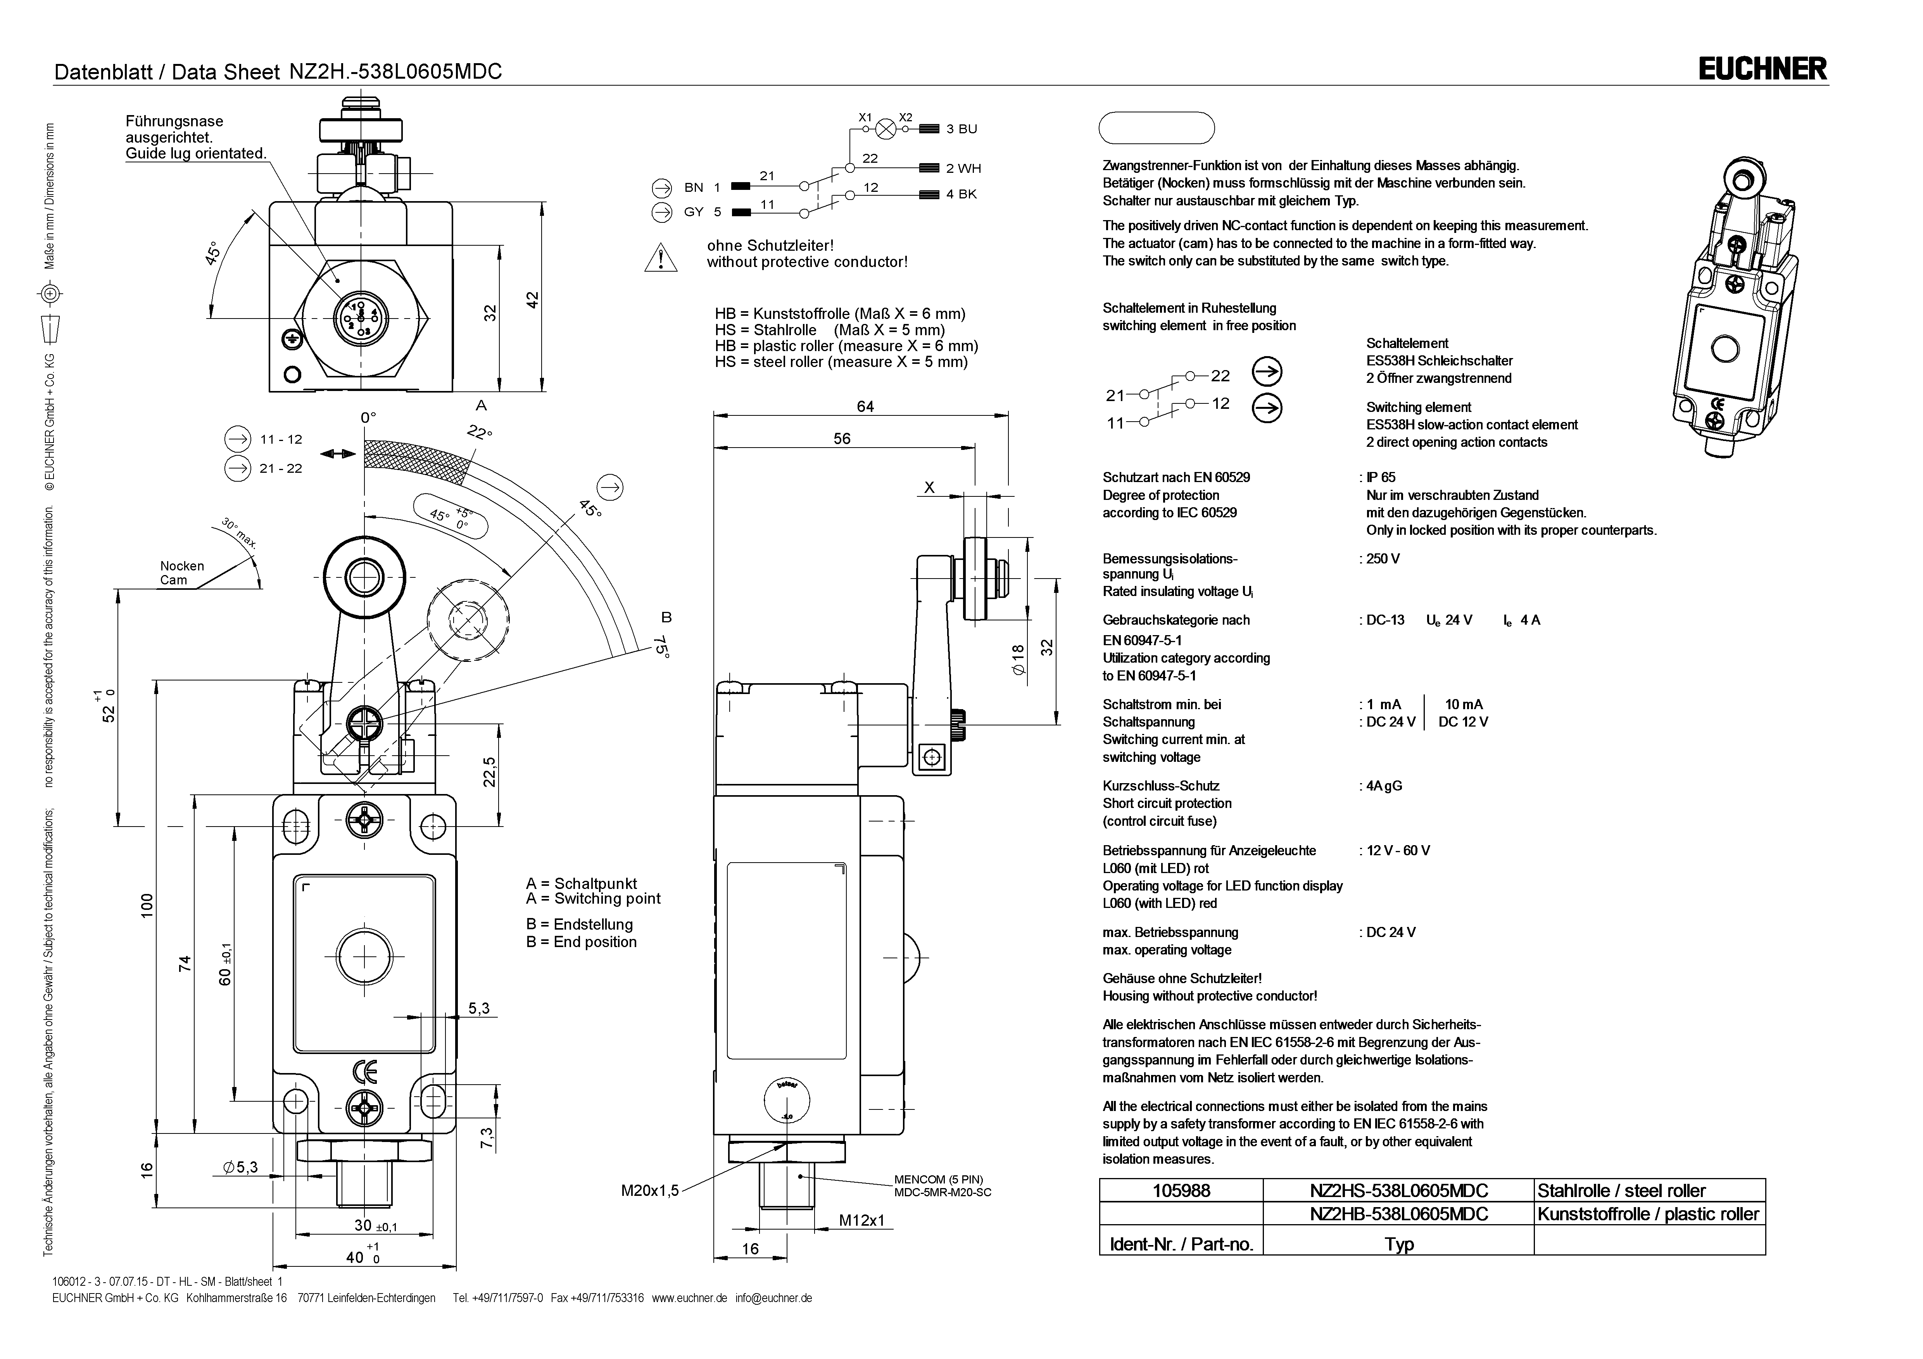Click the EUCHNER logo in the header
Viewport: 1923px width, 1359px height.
point(1762,69)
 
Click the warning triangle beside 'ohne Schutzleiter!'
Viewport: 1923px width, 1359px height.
point(661,256)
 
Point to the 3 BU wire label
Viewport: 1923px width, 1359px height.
point(961,129)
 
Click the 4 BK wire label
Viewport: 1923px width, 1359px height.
point(961,194)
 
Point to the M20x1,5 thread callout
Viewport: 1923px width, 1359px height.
point(650,1190)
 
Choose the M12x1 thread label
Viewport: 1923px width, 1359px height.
point(862,1221)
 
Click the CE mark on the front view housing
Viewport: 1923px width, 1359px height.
point(365,1072)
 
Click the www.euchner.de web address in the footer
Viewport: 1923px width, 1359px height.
point(689,1298)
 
